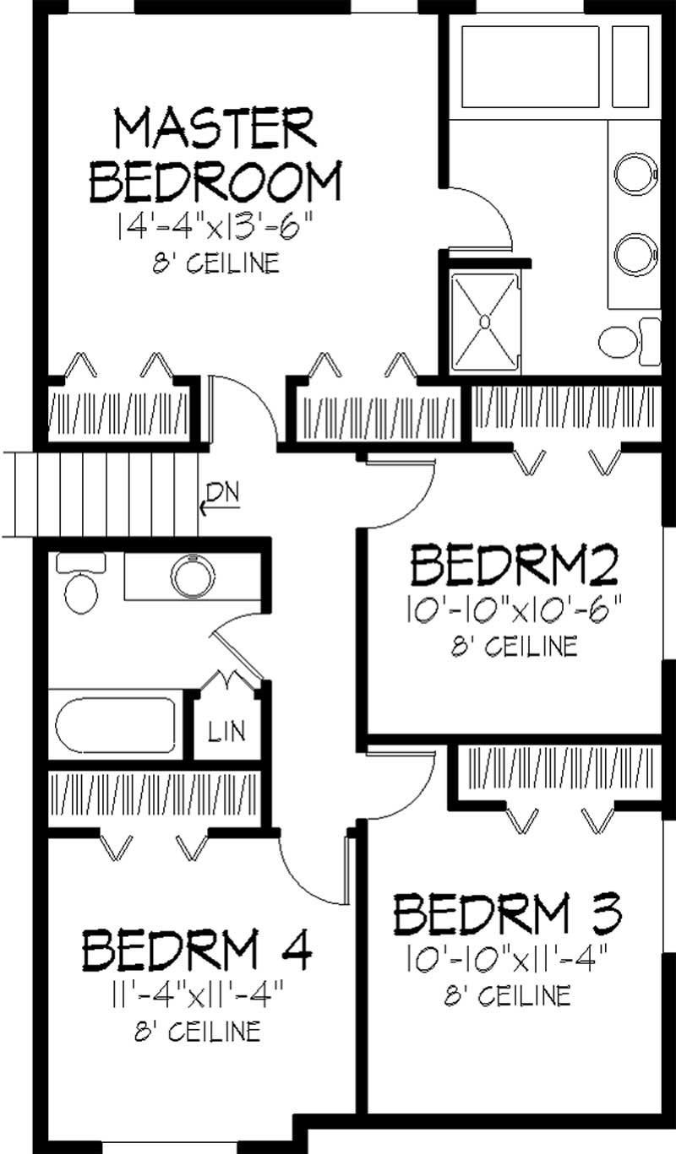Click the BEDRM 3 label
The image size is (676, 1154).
[509, 913]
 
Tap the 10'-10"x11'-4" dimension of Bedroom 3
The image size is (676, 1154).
[509, 959]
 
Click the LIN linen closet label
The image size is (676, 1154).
[226, 731]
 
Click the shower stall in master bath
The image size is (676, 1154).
[484, 322]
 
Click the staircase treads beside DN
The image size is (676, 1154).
[101, 494]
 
